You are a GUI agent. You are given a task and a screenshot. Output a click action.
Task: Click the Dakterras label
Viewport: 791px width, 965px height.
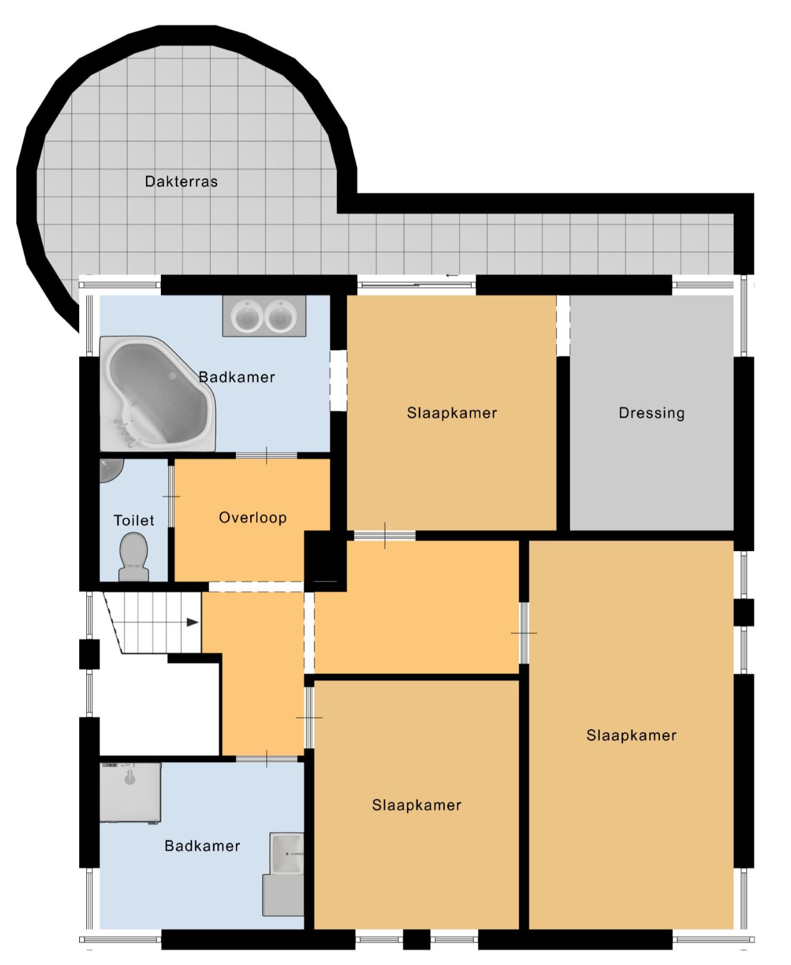181,181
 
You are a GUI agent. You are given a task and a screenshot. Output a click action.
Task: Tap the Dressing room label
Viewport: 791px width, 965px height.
652,413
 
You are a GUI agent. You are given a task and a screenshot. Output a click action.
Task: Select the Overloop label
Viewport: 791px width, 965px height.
253,518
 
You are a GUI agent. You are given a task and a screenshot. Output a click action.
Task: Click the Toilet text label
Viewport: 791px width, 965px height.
134,521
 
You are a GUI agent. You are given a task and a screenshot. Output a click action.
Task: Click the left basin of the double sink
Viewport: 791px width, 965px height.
247,315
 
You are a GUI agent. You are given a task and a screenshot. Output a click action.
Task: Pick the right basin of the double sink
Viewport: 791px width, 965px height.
281,315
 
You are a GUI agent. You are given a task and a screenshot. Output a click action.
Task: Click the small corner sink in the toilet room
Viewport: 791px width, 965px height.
110,470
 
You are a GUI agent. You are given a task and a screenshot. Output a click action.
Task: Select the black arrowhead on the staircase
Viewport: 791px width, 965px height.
192,622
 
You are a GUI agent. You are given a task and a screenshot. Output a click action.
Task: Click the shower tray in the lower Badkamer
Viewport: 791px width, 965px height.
130,793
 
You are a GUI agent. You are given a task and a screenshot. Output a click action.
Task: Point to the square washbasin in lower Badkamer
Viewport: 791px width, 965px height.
287,853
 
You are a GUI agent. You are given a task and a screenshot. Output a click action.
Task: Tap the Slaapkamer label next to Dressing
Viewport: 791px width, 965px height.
452,413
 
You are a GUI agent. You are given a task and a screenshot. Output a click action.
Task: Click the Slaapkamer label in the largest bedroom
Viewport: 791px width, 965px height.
631,735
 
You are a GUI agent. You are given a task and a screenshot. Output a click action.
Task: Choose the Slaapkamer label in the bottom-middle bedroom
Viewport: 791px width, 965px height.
417,805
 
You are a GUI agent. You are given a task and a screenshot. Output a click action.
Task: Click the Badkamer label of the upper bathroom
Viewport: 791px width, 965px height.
237,377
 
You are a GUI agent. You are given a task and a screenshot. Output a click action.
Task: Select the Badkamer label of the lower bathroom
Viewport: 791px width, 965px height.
203,846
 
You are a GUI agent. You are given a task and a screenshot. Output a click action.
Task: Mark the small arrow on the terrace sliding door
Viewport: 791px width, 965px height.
452,275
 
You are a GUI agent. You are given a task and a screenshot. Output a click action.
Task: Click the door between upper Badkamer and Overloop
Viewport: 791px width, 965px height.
266,456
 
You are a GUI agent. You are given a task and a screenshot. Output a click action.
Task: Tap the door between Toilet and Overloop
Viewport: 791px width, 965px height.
172,496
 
